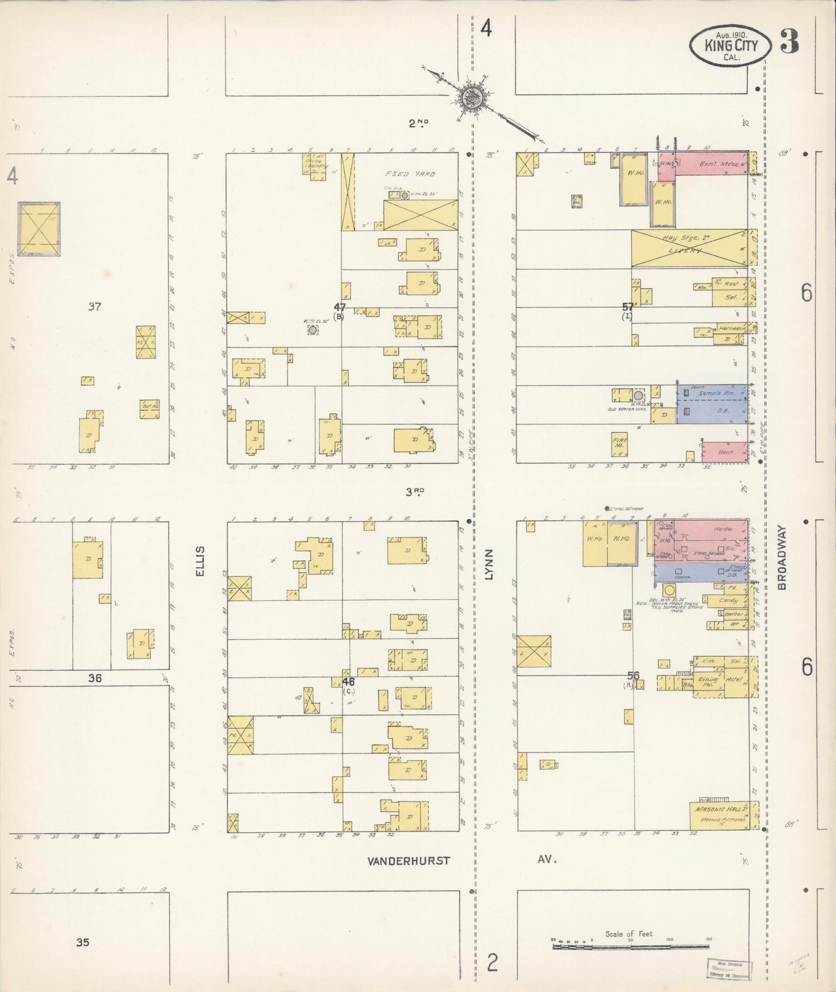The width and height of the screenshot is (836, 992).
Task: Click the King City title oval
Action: (x=730, y=45)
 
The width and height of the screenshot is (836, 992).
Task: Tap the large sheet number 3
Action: (x=789, y=41)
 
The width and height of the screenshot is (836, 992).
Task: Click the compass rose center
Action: (x=470, y=97)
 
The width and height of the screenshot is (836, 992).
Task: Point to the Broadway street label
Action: (x=782, y=557)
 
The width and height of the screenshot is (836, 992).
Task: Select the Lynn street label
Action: (x=489, y=564)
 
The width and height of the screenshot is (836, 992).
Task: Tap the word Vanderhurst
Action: (x=408, y=861)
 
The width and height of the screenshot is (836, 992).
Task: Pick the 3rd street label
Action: (x=415, y=492)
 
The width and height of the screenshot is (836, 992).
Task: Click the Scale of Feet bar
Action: (x=631, y=946)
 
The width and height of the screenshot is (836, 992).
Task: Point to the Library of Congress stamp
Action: (x=728, y=968)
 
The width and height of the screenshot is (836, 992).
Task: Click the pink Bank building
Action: (x=724, y=452)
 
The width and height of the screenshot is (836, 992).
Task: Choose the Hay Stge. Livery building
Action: (x=689, y=248)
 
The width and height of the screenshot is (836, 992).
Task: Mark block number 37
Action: (x=94, y=306)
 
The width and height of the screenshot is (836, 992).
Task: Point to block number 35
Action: (x=83, y=942)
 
